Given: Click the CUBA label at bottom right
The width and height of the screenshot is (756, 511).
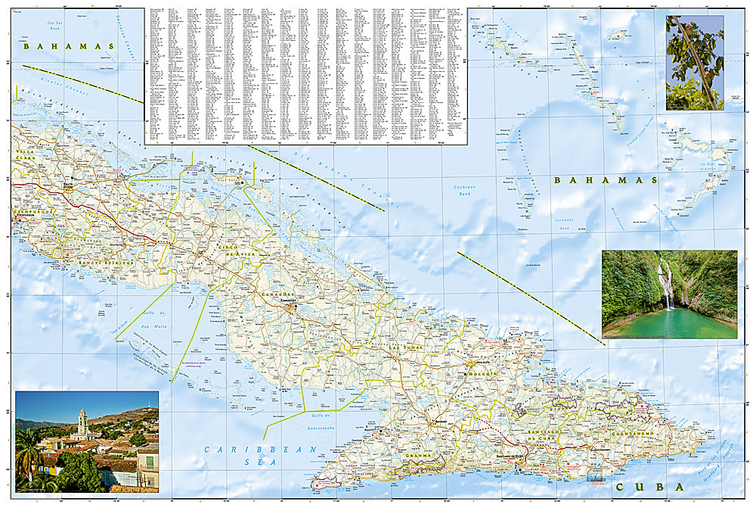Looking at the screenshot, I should click(x=649, y=487).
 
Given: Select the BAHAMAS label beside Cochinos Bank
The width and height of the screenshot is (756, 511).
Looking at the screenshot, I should click(x=605, y=180).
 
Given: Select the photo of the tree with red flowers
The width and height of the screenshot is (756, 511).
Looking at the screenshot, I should click(x=694, y=63).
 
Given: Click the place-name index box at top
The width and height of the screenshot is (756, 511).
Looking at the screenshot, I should click(x=305, y=76).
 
